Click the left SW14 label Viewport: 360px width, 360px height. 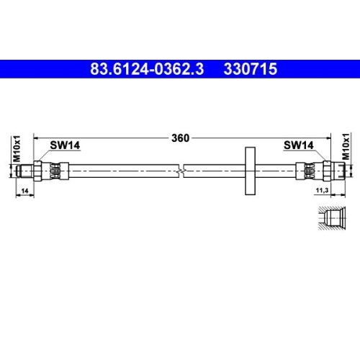[x=64, y=145]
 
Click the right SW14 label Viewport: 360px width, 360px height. [x=298, y=145]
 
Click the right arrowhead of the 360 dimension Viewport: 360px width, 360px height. [x=328, y=139]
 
